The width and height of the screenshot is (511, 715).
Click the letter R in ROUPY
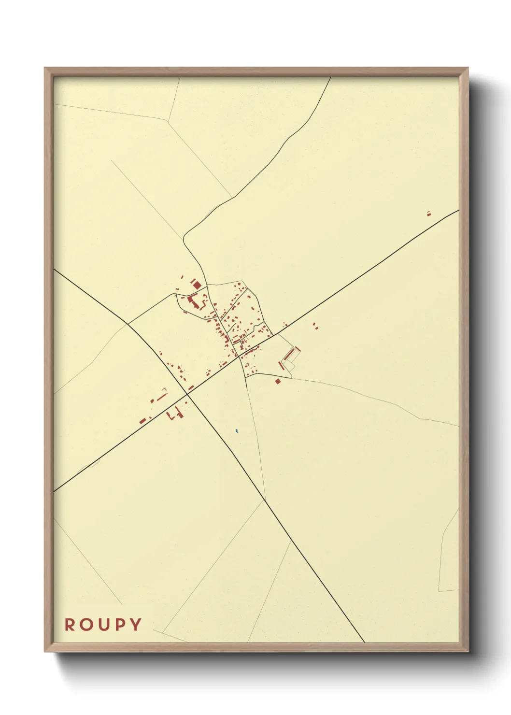click(71, 625)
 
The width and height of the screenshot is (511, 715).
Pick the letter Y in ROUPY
click(136, 625)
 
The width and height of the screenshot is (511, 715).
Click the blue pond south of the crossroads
click(236, 430)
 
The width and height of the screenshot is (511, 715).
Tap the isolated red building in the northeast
click(428, 214)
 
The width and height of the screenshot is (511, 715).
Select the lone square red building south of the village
click(278, 381)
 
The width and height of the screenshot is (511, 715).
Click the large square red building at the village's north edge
click(197, 285)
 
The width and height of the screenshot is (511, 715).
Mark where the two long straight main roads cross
click(187, 395)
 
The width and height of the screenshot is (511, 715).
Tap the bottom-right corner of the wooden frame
click(468, 651)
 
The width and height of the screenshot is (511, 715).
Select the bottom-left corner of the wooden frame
click(45, 651)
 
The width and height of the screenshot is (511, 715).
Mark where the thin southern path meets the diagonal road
click(265, 499)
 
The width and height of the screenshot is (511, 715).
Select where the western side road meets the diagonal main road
click(128, 324)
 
